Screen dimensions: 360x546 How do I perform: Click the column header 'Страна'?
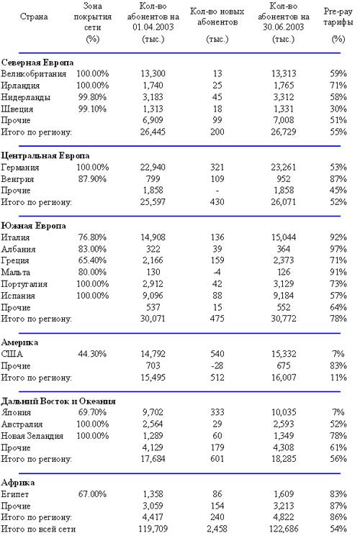click(x=34, y=17)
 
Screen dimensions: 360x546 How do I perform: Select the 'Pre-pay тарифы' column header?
click(x=338, y=17)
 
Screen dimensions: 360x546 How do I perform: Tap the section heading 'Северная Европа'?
click(x=37, y=63)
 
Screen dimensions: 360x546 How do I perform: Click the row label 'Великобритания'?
click(x=33, y=74)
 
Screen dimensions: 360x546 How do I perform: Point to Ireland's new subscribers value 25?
click(x=217, y=86)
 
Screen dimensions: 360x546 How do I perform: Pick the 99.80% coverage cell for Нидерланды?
click(x=92, y=97)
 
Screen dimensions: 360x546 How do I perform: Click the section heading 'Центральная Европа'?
click(x=45, y=155)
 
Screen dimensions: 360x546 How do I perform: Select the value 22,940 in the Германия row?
click(x=153, y=167)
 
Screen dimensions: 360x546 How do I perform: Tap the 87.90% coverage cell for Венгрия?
click(x=92, y=179)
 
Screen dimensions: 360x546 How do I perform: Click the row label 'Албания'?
click(x=18, y=249)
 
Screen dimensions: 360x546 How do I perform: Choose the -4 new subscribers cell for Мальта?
click(x=217, y=272)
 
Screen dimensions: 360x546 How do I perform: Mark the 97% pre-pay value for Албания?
click(x=338, y=249)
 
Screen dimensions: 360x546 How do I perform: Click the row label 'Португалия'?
click(x=24, y=284)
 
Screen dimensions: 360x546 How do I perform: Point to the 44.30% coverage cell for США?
click(x=92, y=354)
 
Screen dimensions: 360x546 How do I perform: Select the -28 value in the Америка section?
click(x=217, y=365)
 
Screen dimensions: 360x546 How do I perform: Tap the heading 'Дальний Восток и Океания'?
click(x=58, y=401)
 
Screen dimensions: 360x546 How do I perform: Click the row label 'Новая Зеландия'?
click(x=32, y=436)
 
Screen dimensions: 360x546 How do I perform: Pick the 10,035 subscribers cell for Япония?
click(x=284, y=412)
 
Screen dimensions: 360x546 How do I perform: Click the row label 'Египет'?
click(x=15, y=494)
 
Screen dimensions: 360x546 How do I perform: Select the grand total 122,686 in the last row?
click(x=284, y=529)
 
